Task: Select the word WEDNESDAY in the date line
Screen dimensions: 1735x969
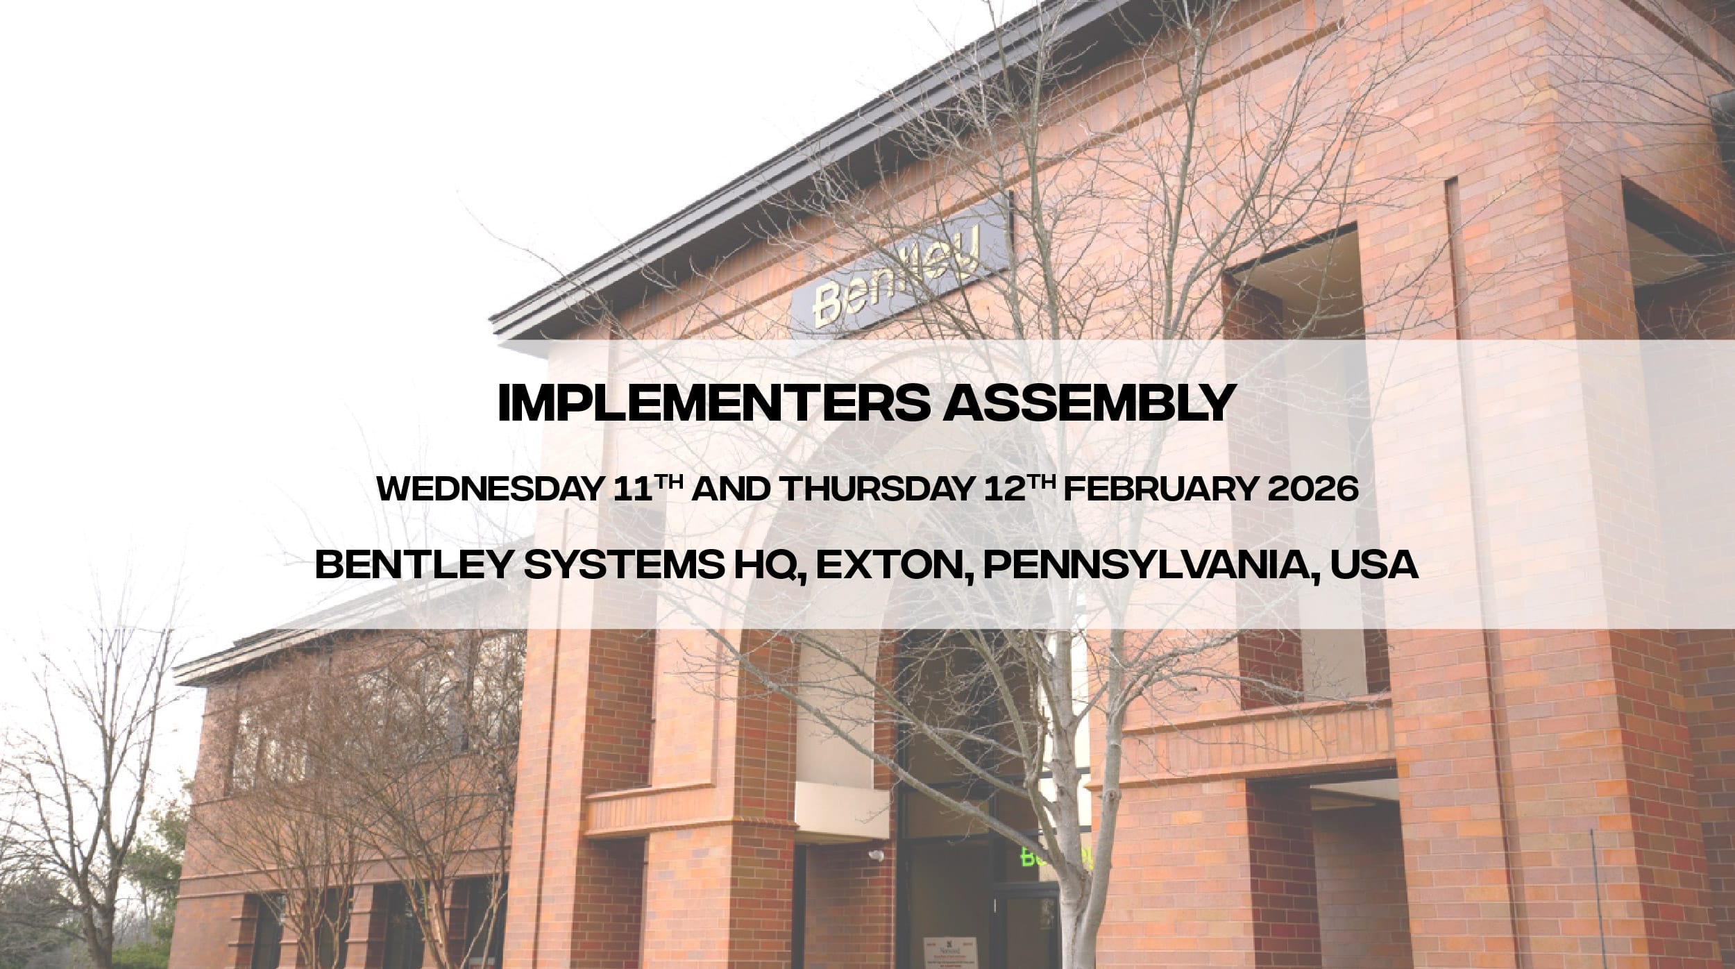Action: point(490,490)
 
